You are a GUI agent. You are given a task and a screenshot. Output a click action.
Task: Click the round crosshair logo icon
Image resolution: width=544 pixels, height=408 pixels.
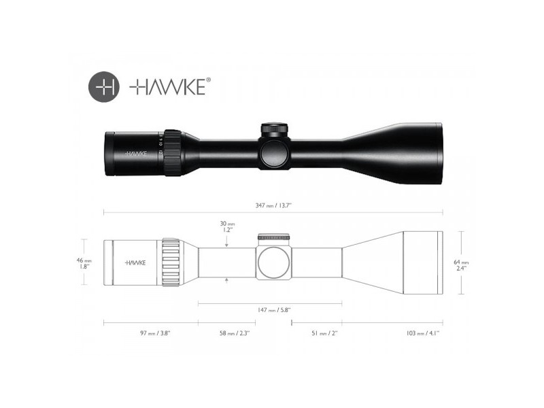click(x=103, y=86)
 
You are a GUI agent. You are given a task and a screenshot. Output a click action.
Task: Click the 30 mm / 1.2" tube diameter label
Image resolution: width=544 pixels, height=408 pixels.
click(x=226, y=226)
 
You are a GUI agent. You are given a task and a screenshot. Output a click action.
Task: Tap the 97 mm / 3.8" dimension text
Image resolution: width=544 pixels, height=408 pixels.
click(x=151, y=333)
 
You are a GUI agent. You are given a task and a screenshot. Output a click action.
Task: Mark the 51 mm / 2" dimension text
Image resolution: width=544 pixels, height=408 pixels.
click(x=323, y=333)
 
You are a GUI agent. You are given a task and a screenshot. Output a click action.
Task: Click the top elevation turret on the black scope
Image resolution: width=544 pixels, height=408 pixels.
click(x=275, y=128)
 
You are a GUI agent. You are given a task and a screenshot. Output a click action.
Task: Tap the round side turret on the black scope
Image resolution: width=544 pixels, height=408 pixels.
click(x=274, y=154)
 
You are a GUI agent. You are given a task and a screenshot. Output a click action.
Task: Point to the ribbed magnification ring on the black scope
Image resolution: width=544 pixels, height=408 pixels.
click(x=172, y=154)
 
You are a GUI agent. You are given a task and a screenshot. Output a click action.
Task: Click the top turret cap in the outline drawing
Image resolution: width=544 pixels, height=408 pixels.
click(x=274, y=237)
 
